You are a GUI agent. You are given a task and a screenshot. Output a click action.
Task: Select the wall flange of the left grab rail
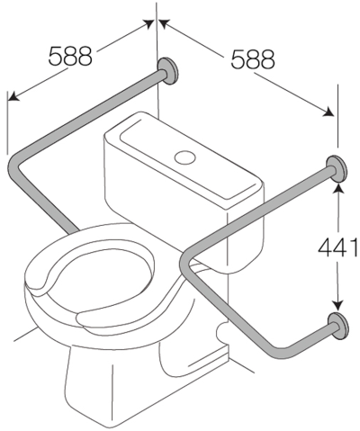(x=169, y=71)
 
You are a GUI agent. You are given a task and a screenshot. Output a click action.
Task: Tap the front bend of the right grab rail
(x=186, y=262)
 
